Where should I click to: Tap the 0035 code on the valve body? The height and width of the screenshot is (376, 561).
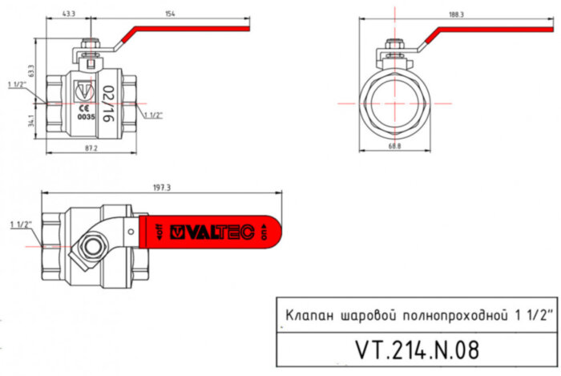(86, 117)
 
